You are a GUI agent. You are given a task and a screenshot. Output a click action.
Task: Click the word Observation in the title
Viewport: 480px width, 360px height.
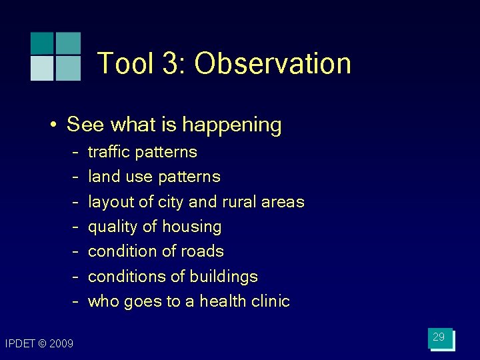[273, 64]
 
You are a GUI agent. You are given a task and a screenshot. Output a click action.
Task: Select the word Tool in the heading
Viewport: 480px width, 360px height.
[127, 64]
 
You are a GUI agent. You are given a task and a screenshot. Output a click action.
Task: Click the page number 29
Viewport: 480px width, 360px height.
[439, 337]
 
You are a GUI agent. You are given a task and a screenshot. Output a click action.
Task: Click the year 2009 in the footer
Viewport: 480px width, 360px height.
[61, 343]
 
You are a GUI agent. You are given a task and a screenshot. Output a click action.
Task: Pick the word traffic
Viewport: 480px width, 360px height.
[107, 152]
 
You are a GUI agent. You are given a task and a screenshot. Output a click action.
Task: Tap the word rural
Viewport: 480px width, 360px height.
[241, 202]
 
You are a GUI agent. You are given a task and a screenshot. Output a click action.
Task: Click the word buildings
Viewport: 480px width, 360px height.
[225, 277]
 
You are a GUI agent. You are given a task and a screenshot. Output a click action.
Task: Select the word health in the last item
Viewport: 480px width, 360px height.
[219, 301]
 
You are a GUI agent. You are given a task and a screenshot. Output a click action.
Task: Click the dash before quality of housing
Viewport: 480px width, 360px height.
[77, 227]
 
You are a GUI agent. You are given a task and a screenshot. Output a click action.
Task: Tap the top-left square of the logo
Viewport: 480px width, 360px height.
[41, 43]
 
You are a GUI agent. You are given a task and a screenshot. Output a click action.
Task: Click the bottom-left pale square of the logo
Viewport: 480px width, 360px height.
[41, 68]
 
